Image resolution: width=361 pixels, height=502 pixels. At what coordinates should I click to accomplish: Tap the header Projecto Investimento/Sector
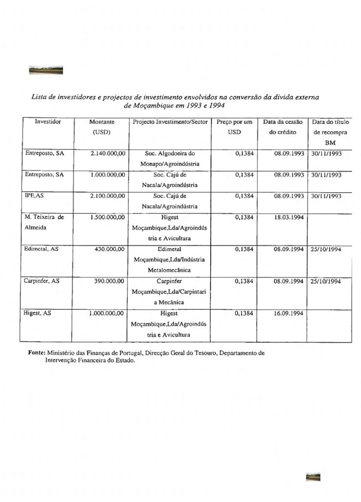(x=170, y=122)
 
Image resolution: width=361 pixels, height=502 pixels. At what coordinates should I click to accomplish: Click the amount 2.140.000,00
(x=108, y=153)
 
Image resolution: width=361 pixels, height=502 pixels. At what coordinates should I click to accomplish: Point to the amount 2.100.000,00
(x=108, y=196)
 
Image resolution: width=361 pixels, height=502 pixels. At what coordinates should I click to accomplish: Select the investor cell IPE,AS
(x=35, y=196)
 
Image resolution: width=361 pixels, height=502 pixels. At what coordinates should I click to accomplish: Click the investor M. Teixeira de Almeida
(x=44, y=222)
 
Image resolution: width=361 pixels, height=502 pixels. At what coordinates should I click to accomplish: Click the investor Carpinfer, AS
(x=42, y=281)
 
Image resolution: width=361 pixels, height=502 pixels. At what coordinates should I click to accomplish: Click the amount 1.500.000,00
(x=108, y=217)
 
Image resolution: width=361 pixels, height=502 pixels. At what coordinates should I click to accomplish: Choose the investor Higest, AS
(x=38, y=313)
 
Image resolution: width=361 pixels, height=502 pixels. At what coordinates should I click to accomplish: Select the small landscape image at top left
(x=46, y=70)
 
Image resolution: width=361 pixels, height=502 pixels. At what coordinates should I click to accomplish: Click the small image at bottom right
(x=313, y=477)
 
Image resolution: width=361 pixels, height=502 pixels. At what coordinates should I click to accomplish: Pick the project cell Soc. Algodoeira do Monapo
(x=170, y=158)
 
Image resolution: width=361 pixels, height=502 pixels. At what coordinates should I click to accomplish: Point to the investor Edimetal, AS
(x=42, y=249)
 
